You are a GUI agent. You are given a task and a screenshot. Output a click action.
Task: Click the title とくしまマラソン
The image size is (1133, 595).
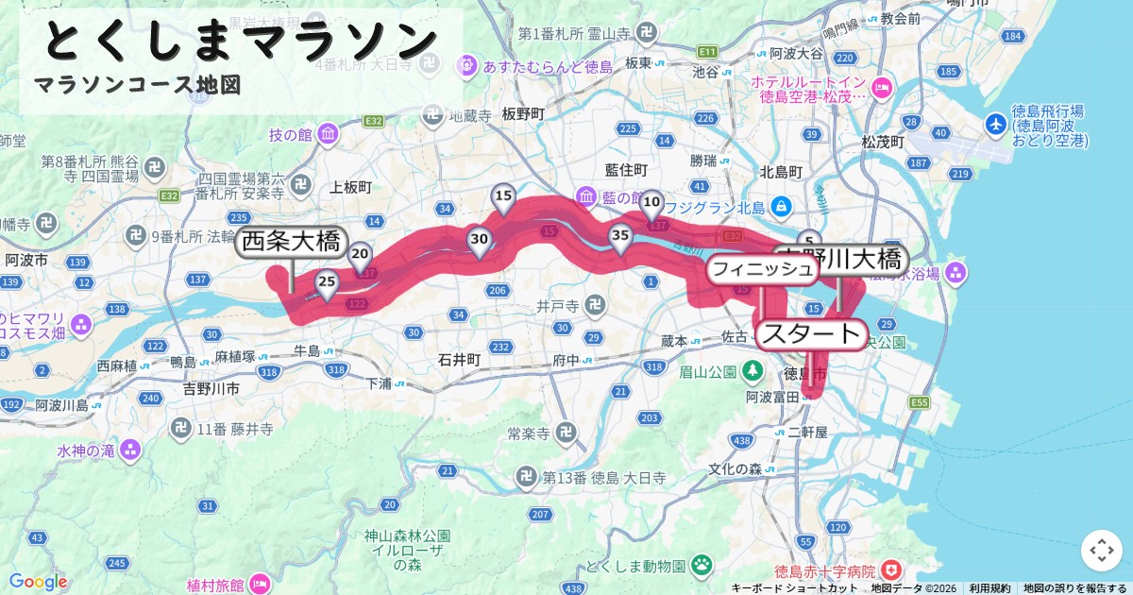click(241, 41)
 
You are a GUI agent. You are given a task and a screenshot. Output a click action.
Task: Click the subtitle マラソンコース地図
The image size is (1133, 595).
click(138, 85)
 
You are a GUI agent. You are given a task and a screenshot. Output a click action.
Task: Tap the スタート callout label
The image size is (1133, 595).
click(811, 334)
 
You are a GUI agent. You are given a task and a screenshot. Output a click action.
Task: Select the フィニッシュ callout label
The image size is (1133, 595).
click(762, 269)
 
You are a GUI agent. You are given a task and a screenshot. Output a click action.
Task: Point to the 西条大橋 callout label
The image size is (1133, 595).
click(291, 243)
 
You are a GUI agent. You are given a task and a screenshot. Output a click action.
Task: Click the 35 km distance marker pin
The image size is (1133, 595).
click(619, 238)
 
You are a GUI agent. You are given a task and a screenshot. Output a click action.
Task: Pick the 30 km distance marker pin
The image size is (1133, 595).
click(479, 242)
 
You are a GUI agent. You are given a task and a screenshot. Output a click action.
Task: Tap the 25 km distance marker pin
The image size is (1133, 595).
click(327, 283)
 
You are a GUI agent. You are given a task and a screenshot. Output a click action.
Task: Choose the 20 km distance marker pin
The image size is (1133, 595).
click(360, 256)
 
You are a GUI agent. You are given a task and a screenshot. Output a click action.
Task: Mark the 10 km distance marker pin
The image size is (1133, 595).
click(651, 203)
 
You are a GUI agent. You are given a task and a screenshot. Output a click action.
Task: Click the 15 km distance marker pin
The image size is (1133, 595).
click(504, 198)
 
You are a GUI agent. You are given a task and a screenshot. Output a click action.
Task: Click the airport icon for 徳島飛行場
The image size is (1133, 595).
click(996, 124)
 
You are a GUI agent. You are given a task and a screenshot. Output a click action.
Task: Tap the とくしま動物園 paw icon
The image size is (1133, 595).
click(702, 565)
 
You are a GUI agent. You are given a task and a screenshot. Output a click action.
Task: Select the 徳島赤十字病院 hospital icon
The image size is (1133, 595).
click(890, 570)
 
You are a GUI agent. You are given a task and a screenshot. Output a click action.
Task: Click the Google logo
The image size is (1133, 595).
click(38, 581)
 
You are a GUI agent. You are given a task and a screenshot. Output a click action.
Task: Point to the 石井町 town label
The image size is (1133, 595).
click(460, 360)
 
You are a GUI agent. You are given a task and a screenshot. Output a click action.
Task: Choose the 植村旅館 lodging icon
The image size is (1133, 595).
click(260, 585)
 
